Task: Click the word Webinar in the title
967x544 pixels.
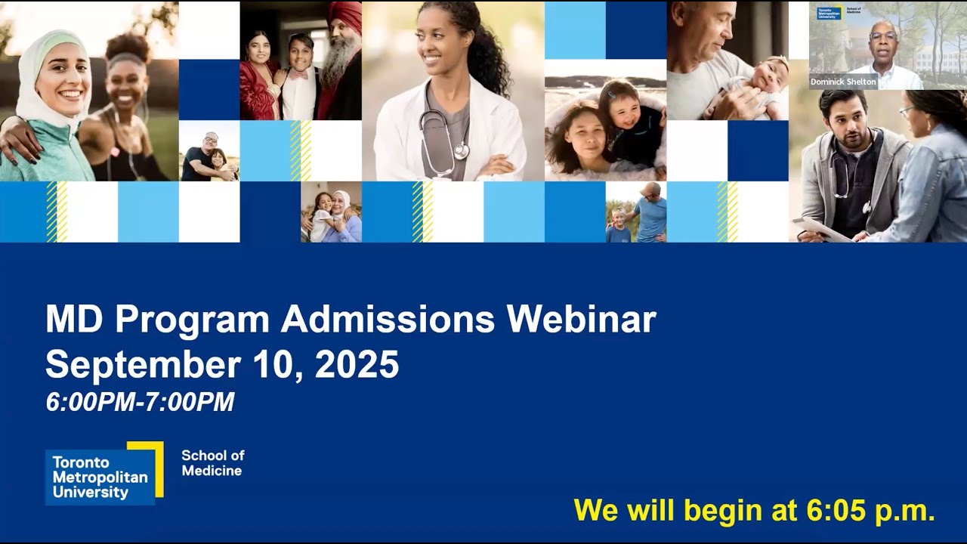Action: (581, 320)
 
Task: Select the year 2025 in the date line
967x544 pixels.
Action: (357, 364)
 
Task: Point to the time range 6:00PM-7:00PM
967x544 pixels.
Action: (140, 402)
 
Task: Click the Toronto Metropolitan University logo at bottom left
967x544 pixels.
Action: (103, 474)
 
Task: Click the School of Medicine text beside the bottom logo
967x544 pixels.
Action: (212, 463)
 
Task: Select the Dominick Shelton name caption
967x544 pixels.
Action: (843, 82)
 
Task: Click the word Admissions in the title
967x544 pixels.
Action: (388, 320)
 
